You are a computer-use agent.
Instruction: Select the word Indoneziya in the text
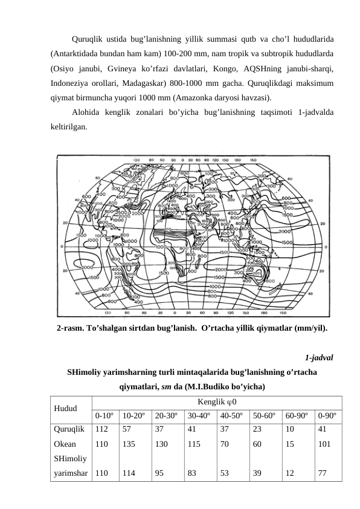(x=72, y=82)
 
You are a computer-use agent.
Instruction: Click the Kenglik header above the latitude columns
(x=217, y=401)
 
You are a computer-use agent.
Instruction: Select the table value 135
(x=129, y=444)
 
